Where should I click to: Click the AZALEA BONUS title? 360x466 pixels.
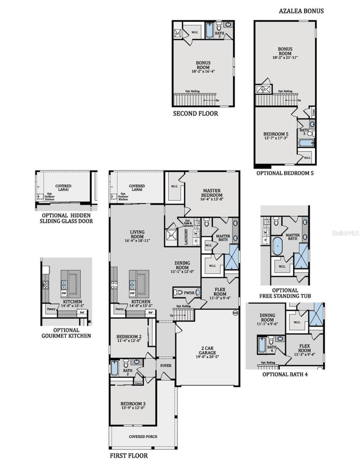(x=301, y=11)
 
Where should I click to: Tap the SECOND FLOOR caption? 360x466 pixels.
(x=195, y=114)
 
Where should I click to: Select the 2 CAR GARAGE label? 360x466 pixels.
(x=207, y=350)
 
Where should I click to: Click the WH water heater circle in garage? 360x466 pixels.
(x=235, y=313)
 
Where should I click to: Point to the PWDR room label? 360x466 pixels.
(x=189, y=293)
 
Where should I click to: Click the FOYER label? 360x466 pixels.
(x=166, y=366)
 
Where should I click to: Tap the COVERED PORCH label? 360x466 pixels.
(x=143, y=436)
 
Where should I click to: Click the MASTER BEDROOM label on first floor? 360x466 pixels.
(x=211, y=193)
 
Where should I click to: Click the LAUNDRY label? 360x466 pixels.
(x=186, y=237)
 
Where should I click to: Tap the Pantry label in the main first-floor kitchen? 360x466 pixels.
(x=119, y=309)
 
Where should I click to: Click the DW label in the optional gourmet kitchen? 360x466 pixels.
(x=64, y=293)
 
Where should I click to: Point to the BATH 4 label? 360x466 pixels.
(x=272, y=349)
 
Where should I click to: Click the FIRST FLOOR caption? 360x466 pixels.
(x=129, y=456)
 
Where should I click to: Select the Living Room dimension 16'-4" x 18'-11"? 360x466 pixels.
(x=137, y=241)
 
